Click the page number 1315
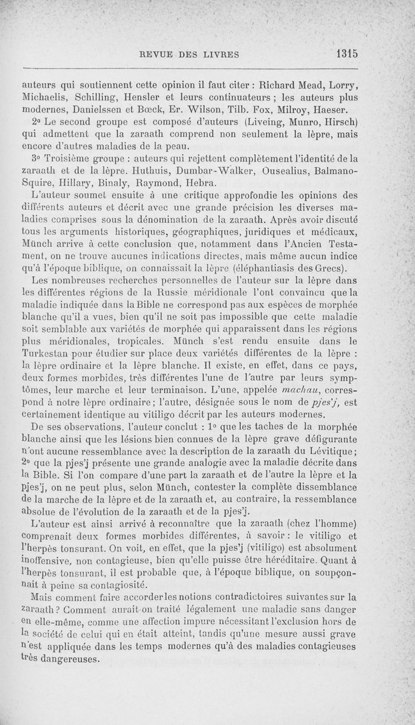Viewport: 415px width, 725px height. [348, 53]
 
